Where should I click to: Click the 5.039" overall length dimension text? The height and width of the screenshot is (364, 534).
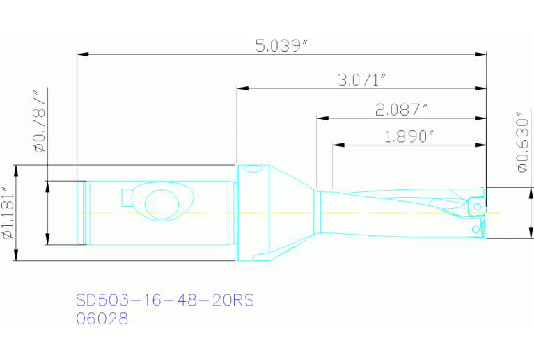(281, 46)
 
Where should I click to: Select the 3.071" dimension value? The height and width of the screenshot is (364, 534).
(361, 80)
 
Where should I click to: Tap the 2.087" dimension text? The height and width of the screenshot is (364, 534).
(400, 109)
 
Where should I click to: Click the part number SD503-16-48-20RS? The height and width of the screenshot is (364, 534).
(165, 301)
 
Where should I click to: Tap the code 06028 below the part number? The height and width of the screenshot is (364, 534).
(102, 319)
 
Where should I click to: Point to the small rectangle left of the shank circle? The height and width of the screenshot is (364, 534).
(127, 198)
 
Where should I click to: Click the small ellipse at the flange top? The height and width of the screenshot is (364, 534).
(251, 169)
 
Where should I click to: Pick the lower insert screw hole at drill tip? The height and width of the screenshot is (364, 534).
(476, 228)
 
